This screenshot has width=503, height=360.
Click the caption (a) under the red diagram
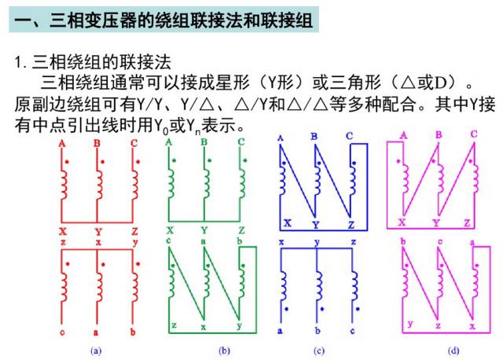click(96, 351)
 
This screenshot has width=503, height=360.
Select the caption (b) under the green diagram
click(224, 351)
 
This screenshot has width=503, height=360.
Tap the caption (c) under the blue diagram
click(319, 351)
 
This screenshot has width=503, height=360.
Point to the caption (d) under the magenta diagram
click(453, 351)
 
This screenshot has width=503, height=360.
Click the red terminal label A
click(62, 143)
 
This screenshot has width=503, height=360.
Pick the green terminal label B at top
click(204, 141)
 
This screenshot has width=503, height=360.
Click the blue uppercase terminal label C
click(349, 136)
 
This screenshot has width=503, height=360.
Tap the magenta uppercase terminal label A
click(403, 135)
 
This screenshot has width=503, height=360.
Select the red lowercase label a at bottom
click(96, 332)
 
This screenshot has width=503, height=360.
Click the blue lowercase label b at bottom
click(318, 330)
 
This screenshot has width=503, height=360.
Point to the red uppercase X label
click(63, 231)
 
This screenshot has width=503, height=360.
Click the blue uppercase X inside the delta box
click(288, 223)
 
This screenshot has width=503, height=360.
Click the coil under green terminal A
click(171, 184)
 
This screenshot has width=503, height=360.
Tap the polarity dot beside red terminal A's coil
click(67, 162)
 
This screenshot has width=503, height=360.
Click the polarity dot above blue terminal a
click(286, 309)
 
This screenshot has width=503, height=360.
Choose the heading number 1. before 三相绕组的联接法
click(20, 61)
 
